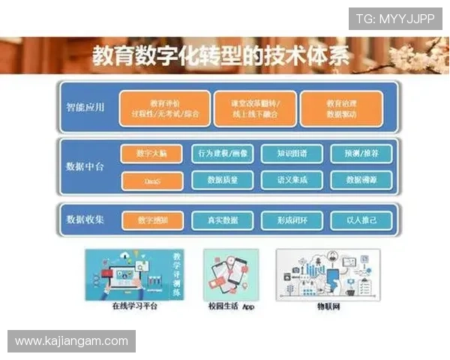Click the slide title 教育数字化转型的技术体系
click(220, 56)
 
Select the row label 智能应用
click(85, 107)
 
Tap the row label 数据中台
click(85, 166)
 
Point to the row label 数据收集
click(85, 220)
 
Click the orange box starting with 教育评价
click(163, 108)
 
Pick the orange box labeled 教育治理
click(341, 108)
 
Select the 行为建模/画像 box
click(223, 154)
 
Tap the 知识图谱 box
click(291, 154)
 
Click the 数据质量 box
click(223, 180)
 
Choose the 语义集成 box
click(291, 180)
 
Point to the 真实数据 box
click(223, 220)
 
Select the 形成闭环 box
click(291, 220)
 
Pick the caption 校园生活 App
click(232, 306)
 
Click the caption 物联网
click(328, 306)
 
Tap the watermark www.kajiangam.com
click(71, 341)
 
